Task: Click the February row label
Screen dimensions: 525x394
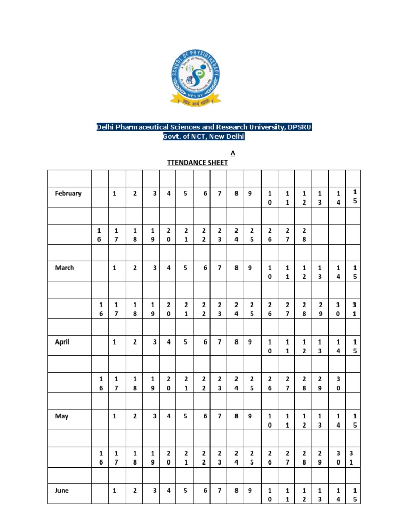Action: [x=68, y=193]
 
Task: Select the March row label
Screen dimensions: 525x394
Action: [x=65, y=268]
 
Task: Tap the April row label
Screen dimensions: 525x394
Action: [x=62, y=342]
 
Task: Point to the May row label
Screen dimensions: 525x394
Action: [x=62, y=416]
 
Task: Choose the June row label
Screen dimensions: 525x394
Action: [x=62, y=490]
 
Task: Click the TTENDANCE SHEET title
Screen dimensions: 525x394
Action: [x=198, y=163]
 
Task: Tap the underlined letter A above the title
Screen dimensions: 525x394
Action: [x=233, y=153]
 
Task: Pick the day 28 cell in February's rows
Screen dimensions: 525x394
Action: [x=304, y=234]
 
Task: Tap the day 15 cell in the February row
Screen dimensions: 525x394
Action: [x=354, y=196]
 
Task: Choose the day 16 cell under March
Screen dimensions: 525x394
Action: [x=101, y=309]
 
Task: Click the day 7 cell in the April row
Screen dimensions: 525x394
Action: [x=219, y=342]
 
